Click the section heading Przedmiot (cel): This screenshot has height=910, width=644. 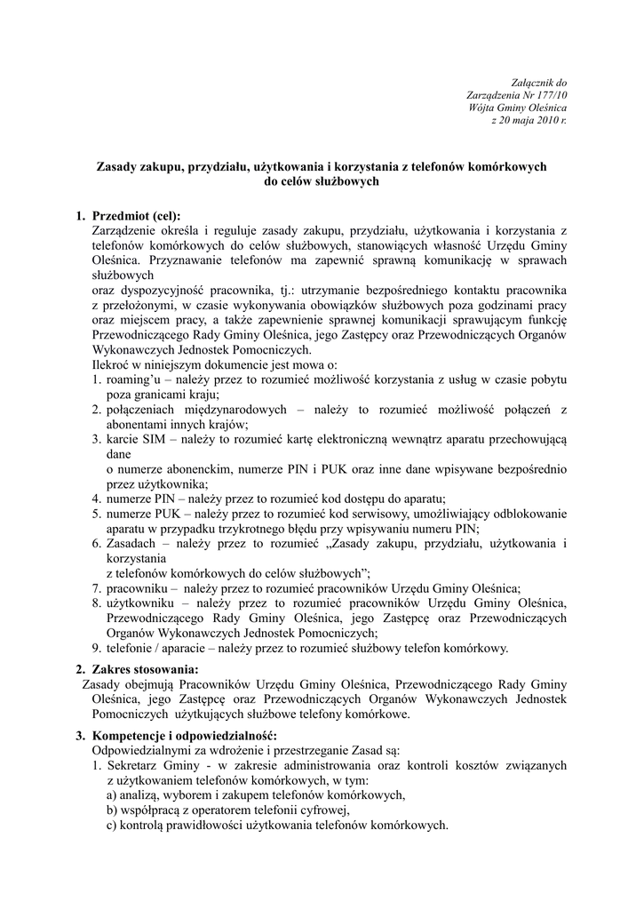tap(136, 216)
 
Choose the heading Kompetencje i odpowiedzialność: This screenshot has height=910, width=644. tap(184, 736)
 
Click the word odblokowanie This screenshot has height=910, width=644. tap(523, 513)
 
